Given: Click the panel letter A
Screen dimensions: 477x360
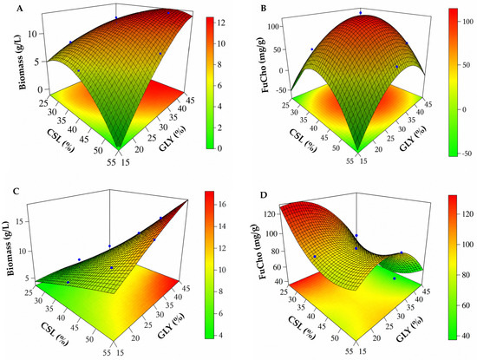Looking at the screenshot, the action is pyautogui.click(x=19, y=9).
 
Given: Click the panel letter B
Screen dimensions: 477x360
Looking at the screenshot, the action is pyautogui.click(x=264, y=9).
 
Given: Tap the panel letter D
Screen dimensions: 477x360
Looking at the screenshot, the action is pyautogui.click(x=263, y=194).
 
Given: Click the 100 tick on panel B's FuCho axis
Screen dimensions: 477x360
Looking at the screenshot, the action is pyautogui.click(x=274, y=27).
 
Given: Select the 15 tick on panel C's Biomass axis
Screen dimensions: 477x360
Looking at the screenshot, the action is pyautogui.click(x=28, y=222).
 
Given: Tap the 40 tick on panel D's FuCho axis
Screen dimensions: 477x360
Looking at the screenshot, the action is pyautogui.click(x=278, y=281).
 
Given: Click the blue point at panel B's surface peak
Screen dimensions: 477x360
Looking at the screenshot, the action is pyautogui.click(x=361, y=13).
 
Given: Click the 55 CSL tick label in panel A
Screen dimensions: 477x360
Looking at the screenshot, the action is pyautogui.click(x=111, y=162).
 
